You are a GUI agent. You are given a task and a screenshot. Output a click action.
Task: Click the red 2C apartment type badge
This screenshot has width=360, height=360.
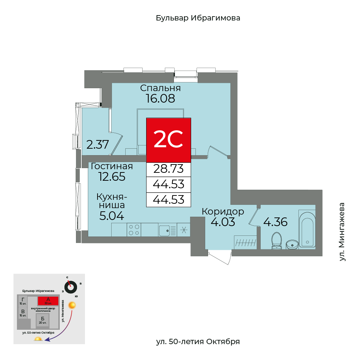tap(168, 140)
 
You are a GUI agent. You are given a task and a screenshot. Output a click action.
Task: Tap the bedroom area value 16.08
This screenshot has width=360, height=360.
tap(161, 98)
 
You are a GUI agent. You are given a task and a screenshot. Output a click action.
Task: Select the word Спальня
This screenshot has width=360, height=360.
tap(161, 88)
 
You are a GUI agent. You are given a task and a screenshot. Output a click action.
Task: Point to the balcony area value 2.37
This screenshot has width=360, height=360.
tap(97, 145)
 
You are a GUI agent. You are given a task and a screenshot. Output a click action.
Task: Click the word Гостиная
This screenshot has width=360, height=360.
tap(112, 166)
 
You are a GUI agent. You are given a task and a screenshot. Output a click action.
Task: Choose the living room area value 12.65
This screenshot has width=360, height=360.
tap(112, 177)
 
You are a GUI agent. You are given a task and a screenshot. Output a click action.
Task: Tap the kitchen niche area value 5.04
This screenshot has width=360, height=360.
tap(112, 216)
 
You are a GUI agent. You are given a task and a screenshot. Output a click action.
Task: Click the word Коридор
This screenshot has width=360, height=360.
tap(223, 211)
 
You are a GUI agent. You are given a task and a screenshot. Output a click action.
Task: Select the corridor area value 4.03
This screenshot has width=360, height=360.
tap(223, 222)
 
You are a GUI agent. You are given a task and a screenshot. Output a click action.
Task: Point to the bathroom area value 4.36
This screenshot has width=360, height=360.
tap(275, 222)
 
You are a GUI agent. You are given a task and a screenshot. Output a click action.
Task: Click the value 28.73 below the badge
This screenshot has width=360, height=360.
tap(168, 168)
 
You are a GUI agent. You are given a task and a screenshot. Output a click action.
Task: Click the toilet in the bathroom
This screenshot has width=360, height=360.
tap(276, 240)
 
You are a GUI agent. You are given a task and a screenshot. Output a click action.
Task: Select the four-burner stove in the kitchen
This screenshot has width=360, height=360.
tap(134, 230)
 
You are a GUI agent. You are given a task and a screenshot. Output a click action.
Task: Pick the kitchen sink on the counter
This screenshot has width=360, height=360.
tap(165, 230)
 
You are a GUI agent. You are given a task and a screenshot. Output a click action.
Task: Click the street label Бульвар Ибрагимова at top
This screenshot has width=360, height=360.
tap(198, 18)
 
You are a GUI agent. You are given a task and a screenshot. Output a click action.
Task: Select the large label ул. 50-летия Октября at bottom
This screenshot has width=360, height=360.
tap(198, 341)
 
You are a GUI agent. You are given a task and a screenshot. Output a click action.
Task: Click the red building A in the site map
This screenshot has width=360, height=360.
tap(48, 301)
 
